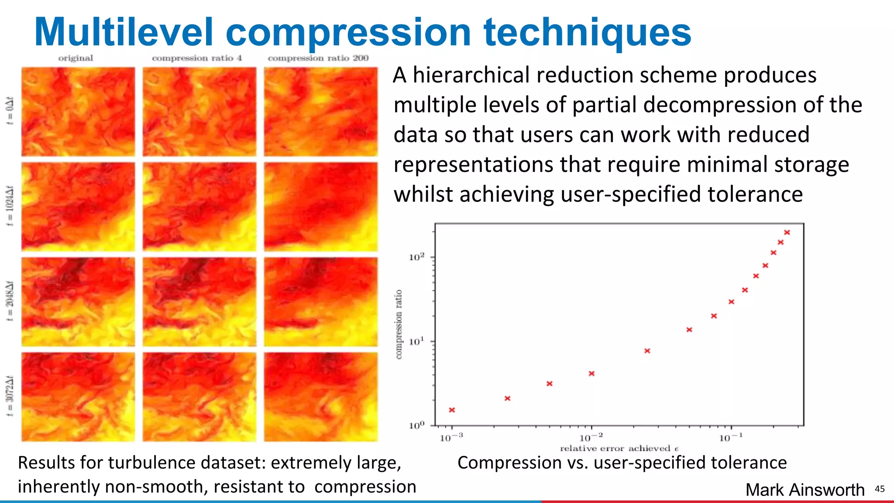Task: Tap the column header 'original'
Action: pos(76,58)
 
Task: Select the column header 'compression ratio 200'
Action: pos(318,58)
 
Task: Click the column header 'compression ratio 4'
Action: pos(197,58)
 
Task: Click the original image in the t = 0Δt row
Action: pos(78,112)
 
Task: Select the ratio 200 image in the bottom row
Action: pos(321,396)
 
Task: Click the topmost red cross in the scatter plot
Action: pos(787,233)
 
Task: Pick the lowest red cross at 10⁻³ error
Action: pos(452,410)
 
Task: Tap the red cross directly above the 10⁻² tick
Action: pos(591,374)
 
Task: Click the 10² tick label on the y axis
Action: pos(416,257)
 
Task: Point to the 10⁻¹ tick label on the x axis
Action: pos(730,438)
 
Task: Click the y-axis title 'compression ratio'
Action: pos(399,324)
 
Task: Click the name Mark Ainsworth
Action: pos(805,490)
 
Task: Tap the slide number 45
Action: pos(880,489)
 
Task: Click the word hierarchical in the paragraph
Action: pos(471,75)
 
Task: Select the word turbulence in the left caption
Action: pos(151,463)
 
